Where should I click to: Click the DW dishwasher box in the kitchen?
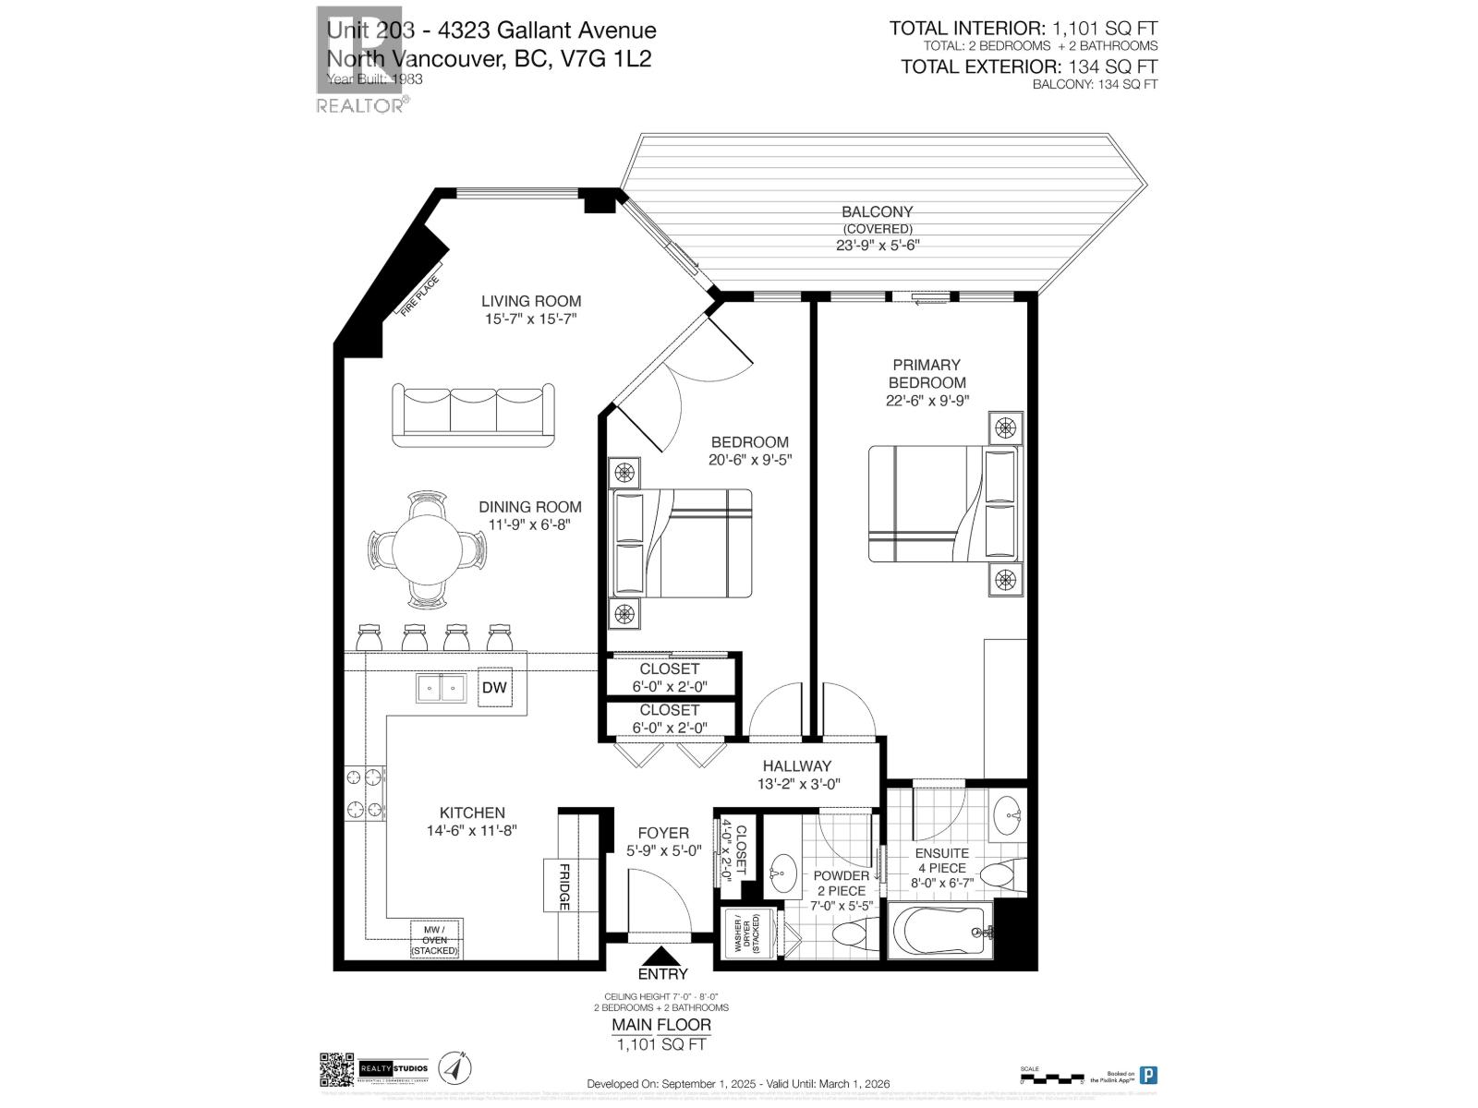click(x=495, y=688)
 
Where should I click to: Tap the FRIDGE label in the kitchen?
click(x=563, y=886)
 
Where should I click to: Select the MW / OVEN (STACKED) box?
click(x=435, y=940)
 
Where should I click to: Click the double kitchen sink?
click(x=441, y=688)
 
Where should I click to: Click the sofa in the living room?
click(x=474, y=413)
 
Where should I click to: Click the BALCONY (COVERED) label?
click(x=877, y=220)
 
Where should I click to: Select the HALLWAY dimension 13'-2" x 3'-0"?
click(x=797, y=785)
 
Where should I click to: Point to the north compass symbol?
click(x=453, y=1068)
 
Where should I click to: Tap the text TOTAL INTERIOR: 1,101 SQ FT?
click(x=1023, y=29)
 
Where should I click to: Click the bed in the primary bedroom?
click(x=945, y=504)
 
